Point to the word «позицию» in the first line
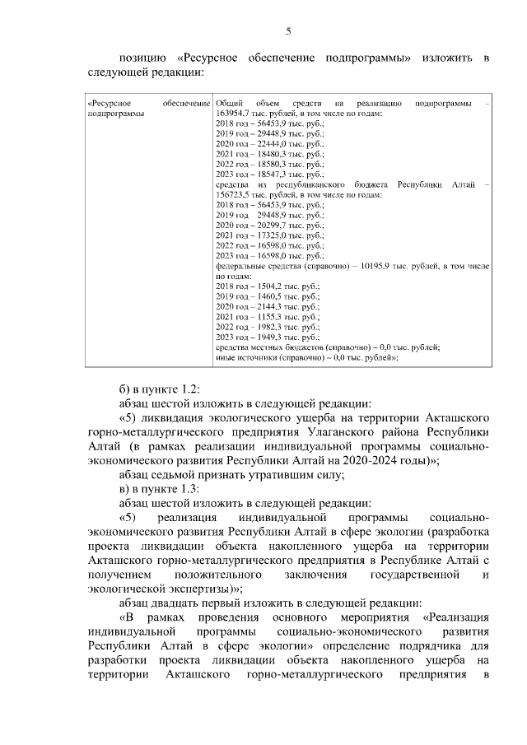(142, 58)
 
